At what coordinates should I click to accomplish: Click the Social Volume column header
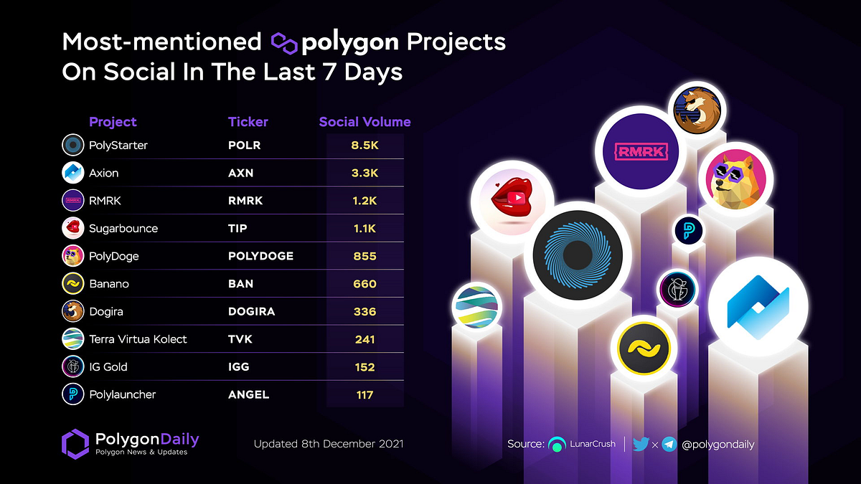[x=364, y=122]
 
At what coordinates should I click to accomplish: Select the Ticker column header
[x=248, y=122]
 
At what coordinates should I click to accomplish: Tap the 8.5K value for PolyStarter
[x=364, y=146]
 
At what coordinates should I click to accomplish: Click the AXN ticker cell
[x=240, y=173]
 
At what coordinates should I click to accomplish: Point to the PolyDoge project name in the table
[x=113, y=256]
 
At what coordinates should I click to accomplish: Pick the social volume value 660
[x=364, y=284]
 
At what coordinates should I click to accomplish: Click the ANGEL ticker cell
[x=248, y=394]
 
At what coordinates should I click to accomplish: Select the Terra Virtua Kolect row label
[x=138, y=339]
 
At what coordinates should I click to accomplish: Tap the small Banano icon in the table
[x=73, y=284]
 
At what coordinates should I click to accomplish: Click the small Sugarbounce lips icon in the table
[x=73, y=228]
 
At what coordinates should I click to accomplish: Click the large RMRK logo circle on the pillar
[x=636, y=151]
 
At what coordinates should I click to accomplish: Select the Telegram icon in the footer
[x=669, y=444]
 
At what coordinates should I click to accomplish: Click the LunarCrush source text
[x=592, y=444]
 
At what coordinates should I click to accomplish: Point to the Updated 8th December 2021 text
[x=329, y=444]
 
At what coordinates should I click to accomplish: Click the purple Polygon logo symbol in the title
[x=284, y=42]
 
